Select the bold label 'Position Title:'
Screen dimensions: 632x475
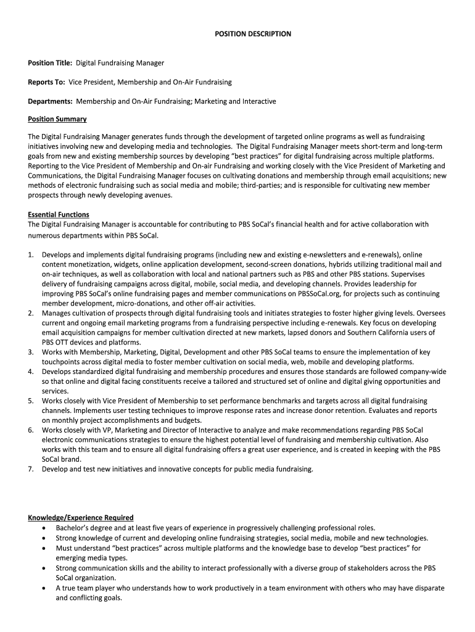pos(50,63)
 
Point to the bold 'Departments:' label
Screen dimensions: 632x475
pos(51,101)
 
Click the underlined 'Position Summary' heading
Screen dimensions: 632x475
pos(57,119)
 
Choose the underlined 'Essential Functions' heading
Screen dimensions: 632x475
pos(59,215)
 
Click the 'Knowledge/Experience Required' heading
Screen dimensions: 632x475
pos(81,518)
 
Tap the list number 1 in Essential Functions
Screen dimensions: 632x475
pos(30,254)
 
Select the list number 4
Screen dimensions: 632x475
pos(30,372)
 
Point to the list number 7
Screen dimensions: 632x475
pos(30,469)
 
